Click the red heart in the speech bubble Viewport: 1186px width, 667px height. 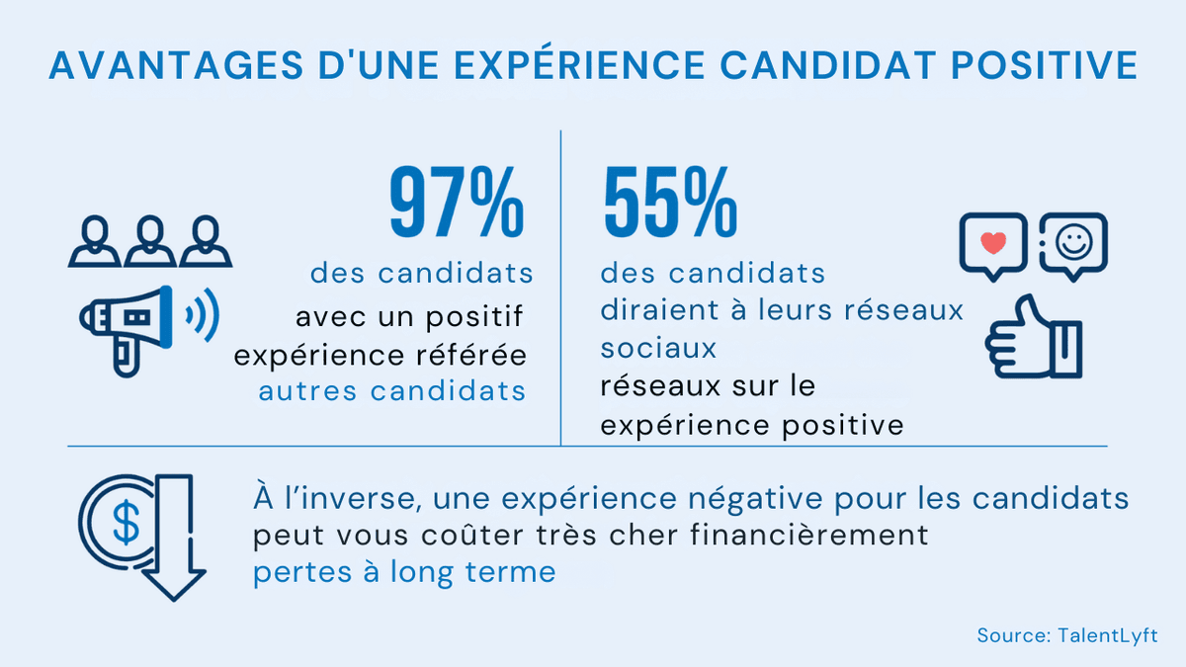tap(994, 241)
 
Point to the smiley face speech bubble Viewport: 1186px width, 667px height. tap(1074, 243)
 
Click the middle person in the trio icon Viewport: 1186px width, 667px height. tap(150, 241)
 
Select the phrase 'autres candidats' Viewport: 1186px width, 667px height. tap(391, 390)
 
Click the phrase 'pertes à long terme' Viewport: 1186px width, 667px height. tap(404, 572)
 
